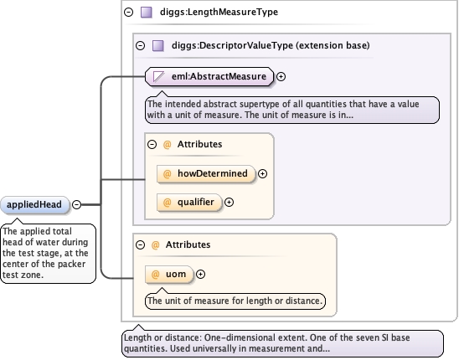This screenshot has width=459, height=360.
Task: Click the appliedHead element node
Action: coord(35,204)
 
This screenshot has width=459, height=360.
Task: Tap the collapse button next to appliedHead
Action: coord(77,204)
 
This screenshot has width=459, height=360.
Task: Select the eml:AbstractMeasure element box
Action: coord(209,77)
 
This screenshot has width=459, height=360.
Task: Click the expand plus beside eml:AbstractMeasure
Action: coord(281,77)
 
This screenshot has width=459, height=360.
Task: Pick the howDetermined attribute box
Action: coord(206,174)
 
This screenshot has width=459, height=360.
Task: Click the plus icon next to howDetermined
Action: coord(262,174)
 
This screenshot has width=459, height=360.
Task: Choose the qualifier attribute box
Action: coord(189,203)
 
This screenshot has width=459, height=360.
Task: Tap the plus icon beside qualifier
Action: coord(229,203)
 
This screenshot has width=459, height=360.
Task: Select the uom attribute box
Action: coord(169,275)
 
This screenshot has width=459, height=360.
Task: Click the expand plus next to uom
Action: coord(200,275)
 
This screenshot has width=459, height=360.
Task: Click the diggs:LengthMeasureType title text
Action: coord(219,12)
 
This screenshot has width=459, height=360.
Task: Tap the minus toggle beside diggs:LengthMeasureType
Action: coord(128,12)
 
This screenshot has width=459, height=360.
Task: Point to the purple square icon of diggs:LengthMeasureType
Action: coord(147,13)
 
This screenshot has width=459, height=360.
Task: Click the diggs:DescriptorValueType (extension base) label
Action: coord(271,45)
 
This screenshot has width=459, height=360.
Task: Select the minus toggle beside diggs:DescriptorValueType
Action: coord(140,45)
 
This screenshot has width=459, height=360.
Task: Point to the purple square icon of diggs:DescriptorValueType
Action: coord(158,46)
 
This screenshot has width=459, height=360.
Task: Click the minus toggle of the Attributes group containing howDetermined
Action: coord(152,144)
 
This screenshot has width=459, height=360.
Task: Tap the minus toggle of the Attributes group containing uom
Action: coord(140,244)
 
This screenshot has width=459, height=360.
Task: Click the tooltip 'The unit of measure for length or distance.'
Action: coord(235,301)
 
